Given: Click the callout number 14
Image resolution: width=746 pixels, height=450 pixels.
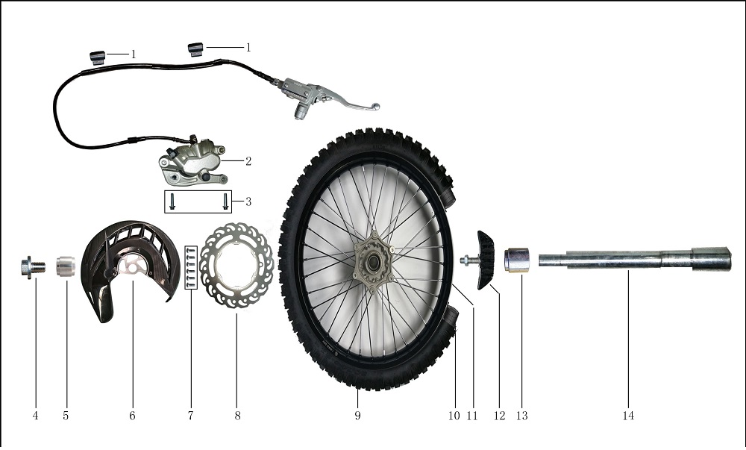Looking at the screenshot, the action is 628,416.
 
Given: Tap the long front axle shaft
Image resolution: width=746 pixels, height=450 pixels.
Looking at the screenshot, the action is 635,260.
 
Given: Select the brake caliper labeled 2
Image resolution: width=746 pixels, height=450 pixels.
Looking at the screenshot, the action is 193,162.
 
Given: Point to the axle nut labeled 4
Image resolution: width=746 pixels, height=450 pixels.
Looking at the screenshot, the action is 33,267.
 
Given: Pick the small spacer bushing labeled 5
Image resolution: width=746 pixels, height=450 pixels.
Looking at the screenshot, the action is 66,266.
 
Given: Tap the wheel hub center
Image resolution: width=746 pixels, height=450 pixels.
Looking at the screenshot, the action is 373,261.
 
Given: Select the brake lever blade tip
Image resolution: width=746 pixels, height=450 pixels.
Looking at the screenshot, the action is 376,106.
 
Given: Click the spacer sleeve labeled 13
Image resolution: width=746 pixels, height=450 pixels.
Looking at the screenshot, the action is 517,260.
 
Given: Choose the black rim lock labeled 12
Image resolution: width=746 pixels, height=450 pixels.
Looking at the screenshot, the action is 486,260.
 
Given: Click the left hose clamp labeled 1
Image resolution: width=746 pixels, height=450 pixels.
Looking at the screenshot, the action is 98,57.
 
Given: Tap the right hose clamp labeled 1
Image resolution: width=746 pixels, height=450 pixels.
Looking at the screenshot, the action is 195,49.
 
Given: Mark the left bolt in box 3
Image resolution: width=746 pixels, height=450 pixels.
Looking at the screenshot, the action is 172,201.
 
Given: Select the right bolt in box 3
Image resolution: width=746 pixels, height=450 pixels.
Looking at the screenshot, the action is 225,201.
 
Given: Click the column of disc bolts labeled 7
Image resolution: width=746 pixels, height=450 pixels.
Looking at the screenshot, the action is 191,267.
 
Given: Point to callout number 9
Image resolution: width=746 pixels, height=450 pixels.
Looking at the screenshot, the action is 357,416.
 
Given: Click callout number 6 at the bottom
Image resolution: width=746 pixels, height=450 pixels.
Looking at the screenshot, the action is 132,416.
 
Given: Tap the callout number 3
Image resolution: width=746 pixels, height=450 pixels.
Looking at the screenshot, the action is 248,201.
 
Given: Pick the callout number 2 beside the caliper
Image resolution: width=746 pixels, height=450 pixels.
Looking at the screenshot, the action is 248,161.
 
